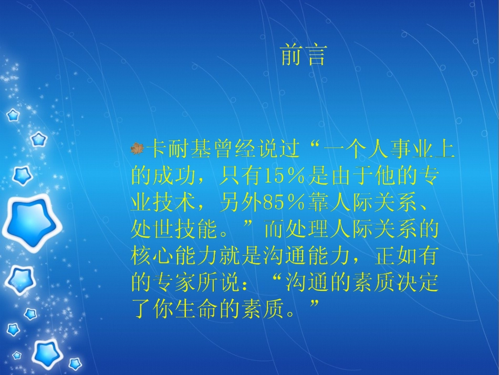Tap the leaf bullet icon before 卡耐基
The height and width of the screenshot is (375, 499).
[137, 149]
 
